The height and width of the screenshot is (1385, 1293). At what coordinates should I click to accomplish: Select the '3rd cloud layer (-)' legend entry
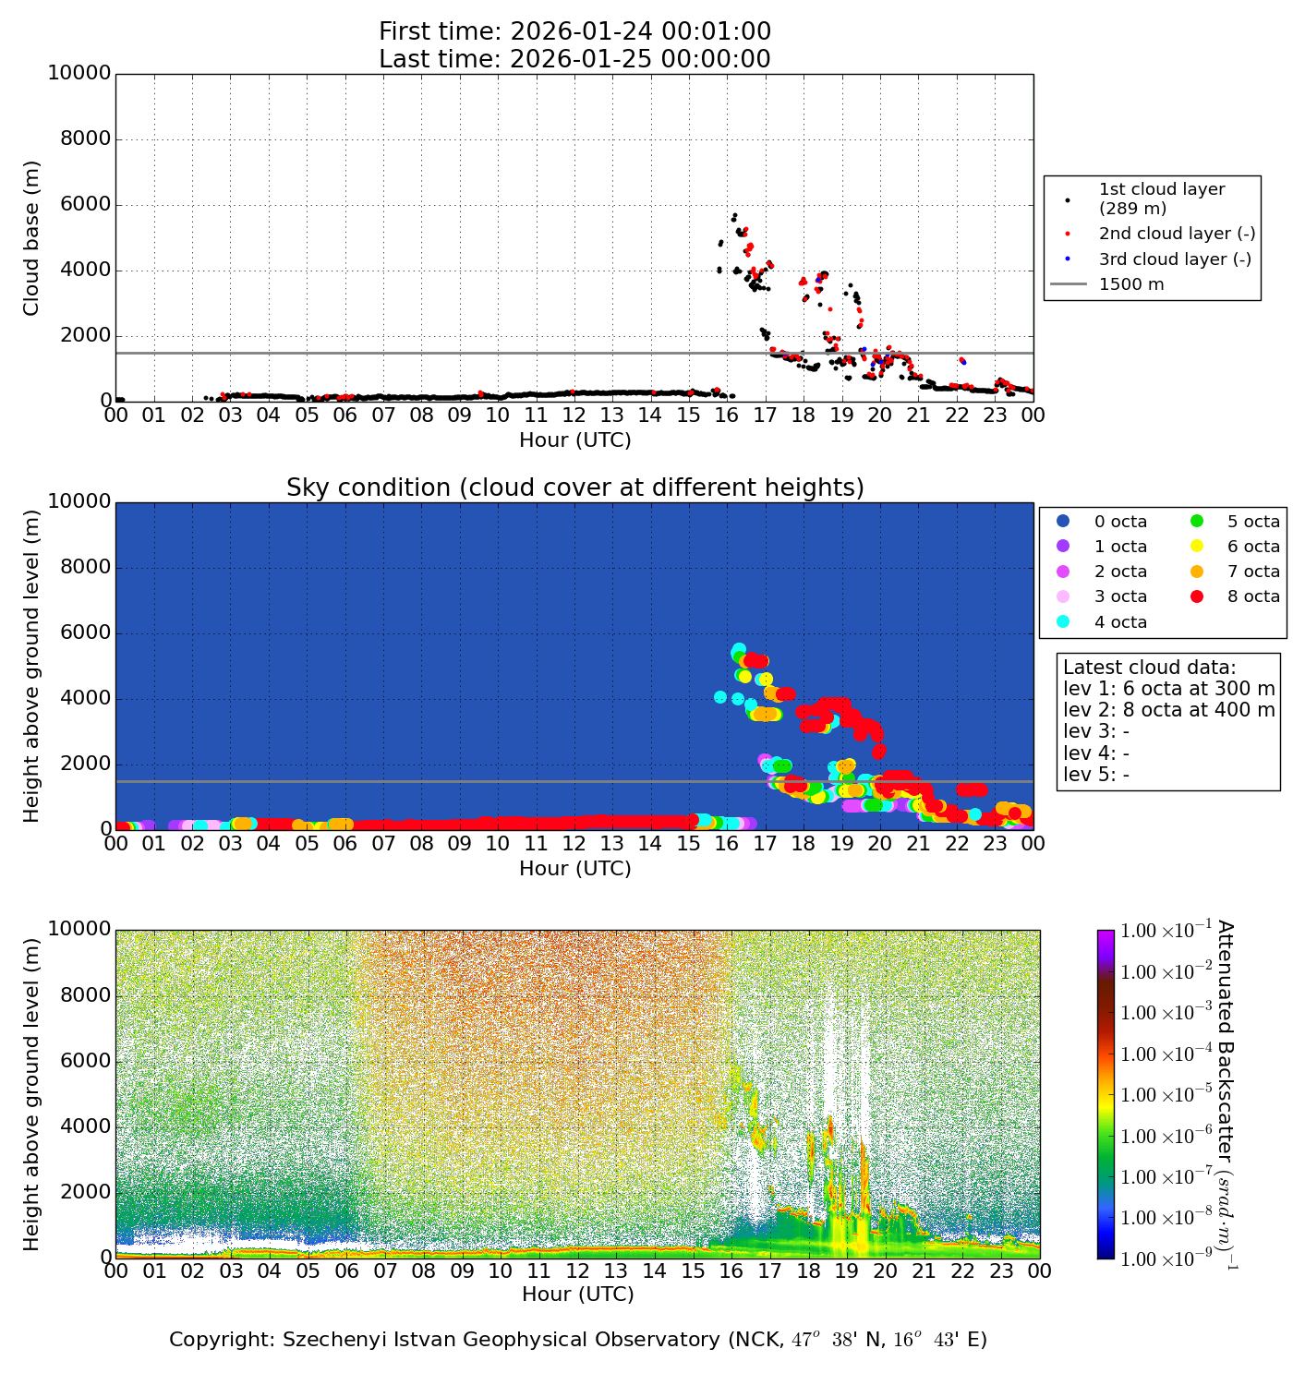(1174, 259)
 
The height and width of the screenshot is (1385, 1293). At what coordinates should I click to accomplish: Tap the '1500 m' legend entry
(1131, 284)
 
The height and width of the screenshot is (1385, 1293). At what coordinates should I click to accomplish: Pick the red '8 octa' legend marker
(1198, 596)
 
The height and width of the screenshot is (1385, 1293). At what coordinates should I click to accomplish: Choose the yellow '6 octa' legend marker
(1198, 547)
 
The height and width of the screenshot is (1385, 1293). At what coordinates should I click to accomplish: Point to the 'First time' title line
(574, 31)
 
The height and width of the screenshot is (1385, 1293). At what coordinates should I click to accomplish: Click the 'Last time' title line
(574, 59)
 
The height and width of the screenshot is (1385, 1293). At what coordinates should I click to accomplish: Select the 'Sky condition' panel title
(574, 488)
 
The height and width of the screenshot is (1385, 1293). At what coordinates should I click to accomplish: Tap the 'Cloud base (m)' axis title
(32, 238)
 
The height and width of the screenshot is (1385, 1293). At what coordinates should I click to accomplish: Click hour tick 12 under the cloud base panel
(574, 415)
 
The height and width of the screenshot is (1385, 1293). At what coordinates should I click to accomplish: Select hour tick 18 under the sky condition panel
(804, 843)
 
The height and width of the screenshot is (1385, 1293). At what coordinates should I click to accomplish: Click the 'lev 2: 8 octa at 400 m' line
(1168, 710)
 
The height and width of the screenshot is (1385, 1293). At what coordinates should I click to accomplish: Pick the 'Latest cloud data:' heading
(1149, 668)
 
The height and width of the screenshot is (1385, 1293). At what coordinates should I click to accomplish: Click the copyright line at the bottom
(578, 1340)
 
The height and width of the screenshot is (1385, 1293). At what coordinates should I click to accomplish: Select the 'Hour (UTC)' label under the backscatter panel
(578, 1295)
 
